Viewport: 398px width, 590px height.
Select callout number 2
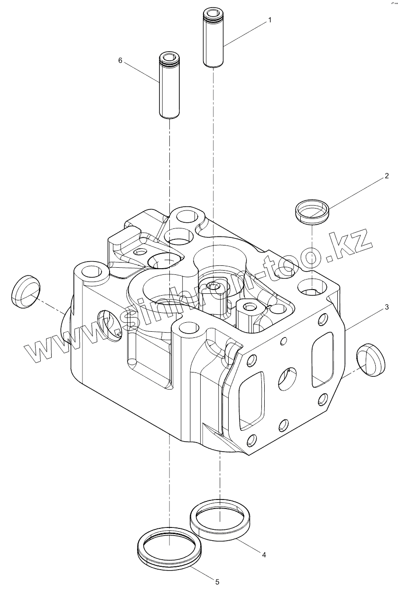[386, 176]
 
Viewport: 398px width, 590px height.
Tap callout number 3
[386, 308]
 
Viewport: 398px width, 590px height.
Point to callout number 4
[264, 554]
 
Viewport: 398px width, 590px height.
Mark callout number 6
[120, 61]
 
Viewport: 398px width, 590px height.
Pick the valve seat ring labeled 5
[169, 549]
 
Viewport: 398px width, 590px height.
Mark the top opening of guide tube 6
[168, 57]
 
